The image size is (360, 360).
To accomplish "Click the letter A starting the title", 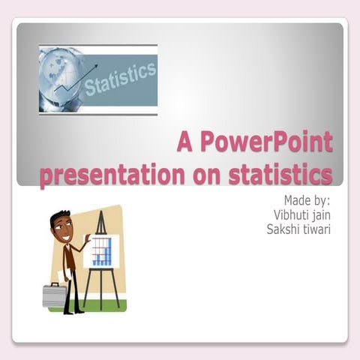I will [184, 142].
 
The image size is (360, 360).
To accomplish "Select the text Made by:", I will [307, 200].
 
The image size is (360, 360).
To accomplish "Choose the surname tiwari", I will [318, 229].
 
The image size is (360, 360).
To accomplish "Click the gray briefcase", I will [54, 294].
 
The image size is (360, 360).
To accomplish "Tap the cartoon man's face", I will [63, 229].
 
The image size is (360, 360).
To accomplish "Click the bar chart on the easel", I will [102, 251].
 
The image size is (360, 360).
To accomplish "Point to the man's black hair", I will [58, 217].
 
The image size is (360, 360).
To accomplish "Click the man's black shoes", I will [73, 310].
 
